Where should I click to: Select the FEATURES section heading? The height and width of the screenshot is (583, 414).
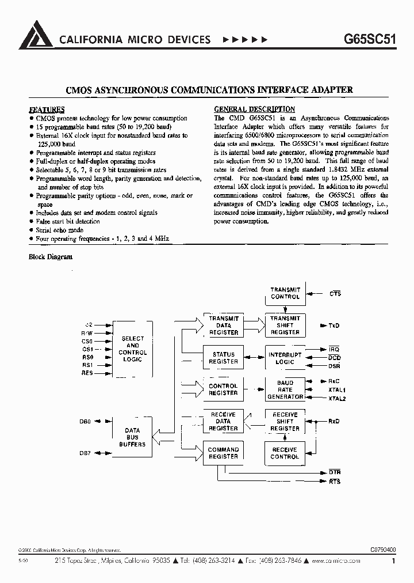(47, 109)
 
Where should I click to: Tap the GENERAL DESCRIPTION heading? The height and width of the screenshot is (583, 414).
(254, 109)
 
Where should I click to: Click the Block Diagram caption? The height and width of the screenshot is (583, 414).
(51, 257)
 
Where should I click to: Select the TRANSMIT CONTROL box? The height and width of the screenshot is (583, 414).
(285, 293)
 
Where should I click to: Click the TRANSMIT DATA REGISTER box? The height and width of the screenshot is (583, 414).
(223, 325)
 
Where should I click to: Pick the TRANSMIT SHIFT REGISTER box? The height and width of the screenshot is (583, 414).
(285, 325)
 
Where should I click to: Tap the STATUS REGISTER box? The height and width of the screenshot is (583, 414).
(223, 358)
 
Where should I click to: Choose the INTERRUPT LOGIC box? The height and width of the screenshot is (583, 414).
(285, 358)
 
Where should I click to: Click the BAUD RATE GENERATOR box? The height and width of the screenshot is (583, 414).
(285, 389)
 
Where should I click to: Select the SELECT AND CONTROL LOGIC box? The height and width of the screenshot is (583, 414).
(132, 349)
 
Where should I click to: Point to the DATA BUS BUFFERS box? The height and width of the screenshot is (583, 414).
(132, 437)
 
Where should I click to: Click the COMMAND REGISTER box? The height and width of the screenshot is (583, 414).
(223, 453)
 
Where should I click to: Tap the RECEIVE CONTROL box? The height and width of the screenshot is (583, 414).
(285, 453)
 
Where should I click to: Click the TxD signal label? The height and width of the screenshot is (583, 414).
(333, 325)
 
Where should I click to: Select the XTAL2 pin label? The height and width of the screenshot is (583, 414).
(336, 399)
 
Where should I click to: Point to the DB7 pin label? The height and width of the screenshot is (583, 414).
(85, 454)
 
